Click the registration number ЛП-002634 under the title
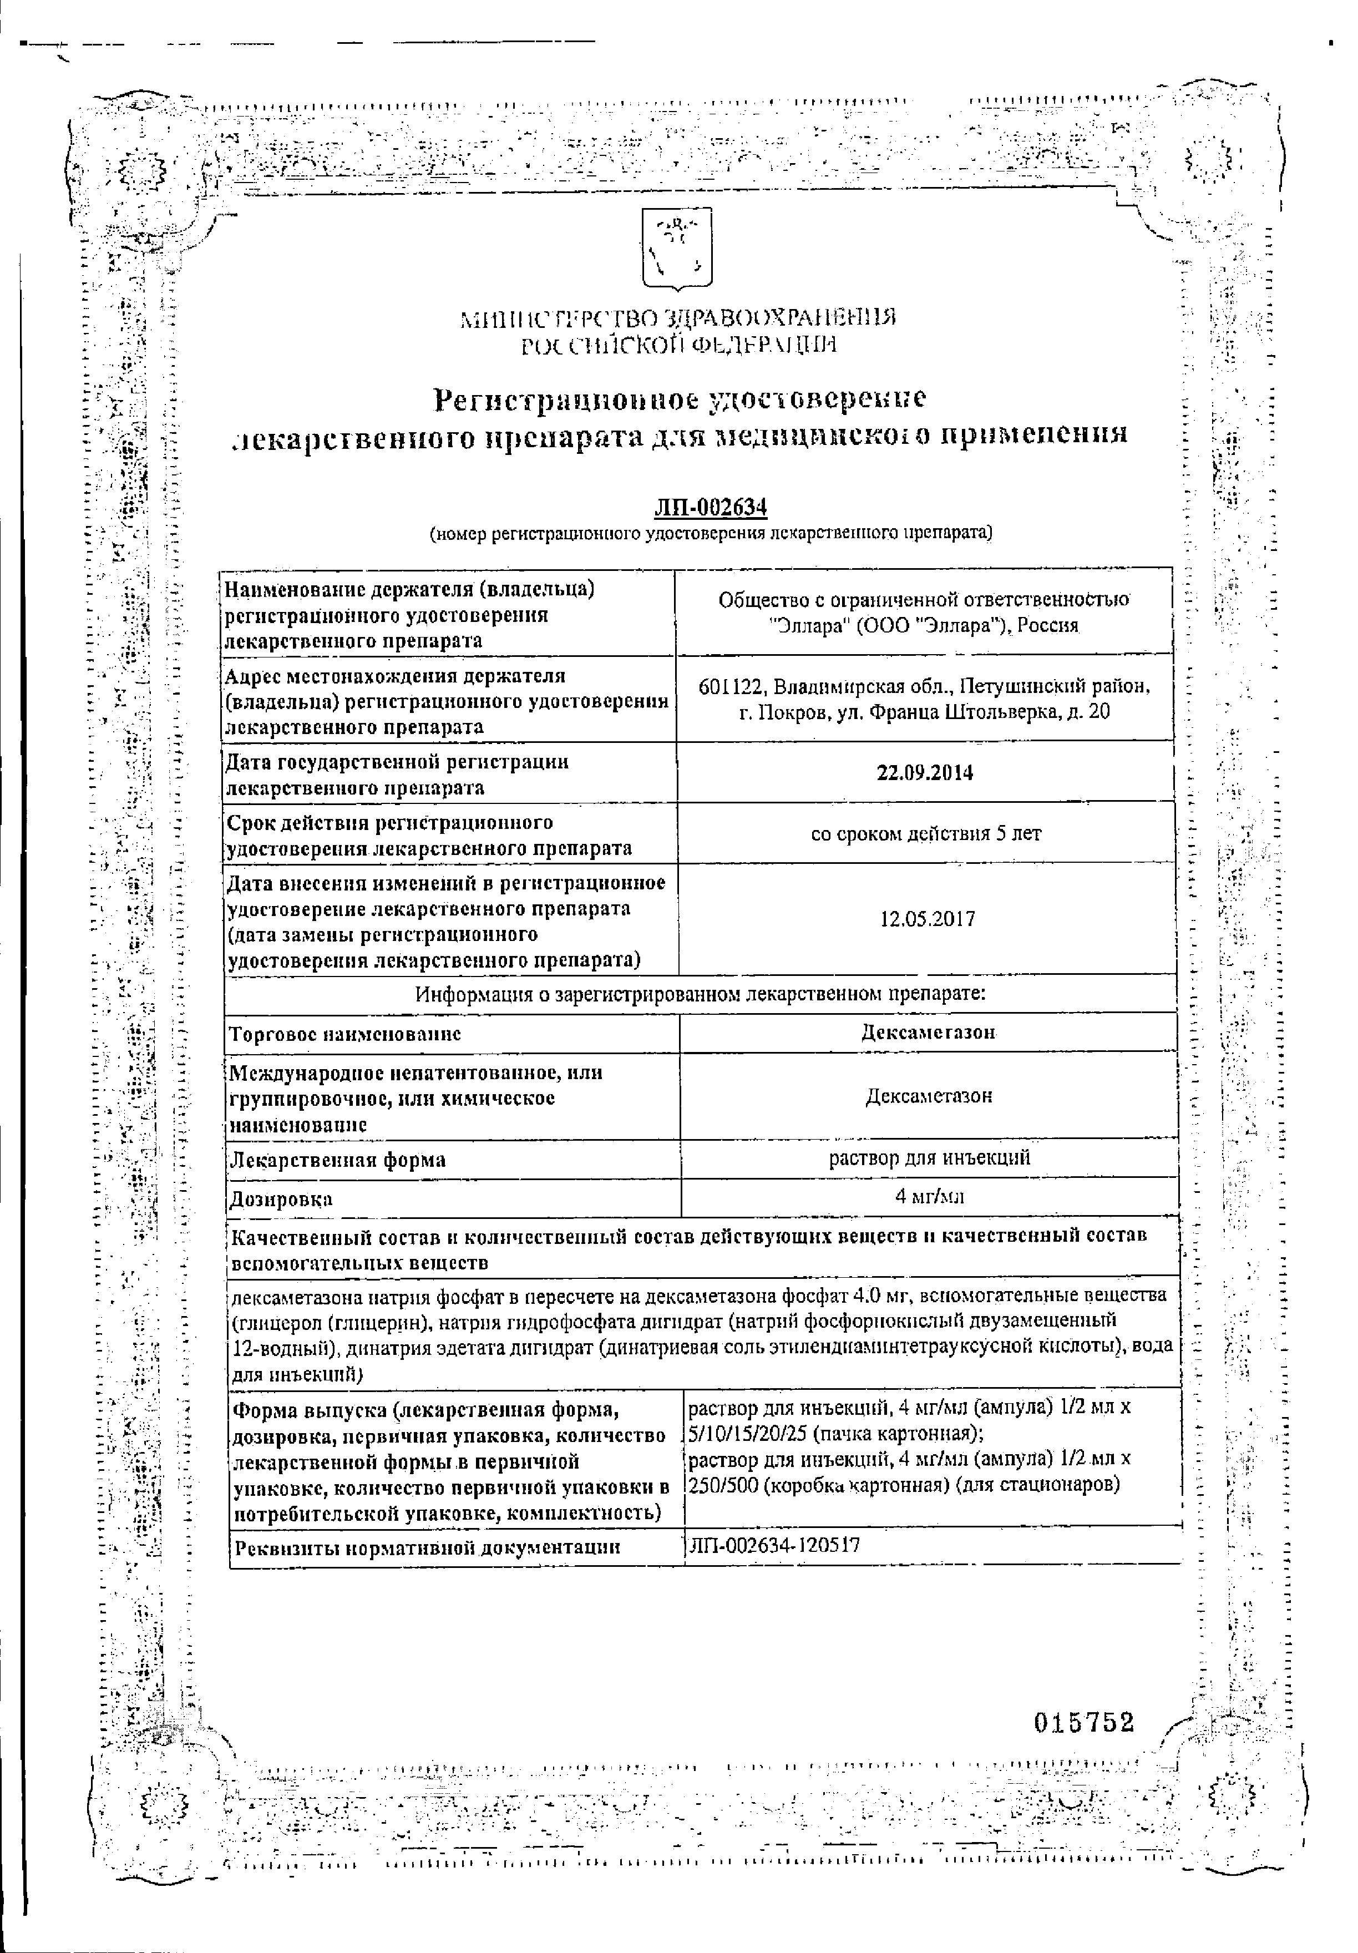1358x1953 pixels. pos(710,508)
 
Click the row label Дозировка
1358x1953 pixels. pos(281,1200)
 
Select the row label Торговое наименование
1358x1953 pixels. pos(345,1034)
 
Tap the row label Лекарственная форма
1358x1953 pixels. pos(338,1160)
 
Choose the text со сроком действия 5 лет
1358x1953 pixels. pos(925,833)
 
